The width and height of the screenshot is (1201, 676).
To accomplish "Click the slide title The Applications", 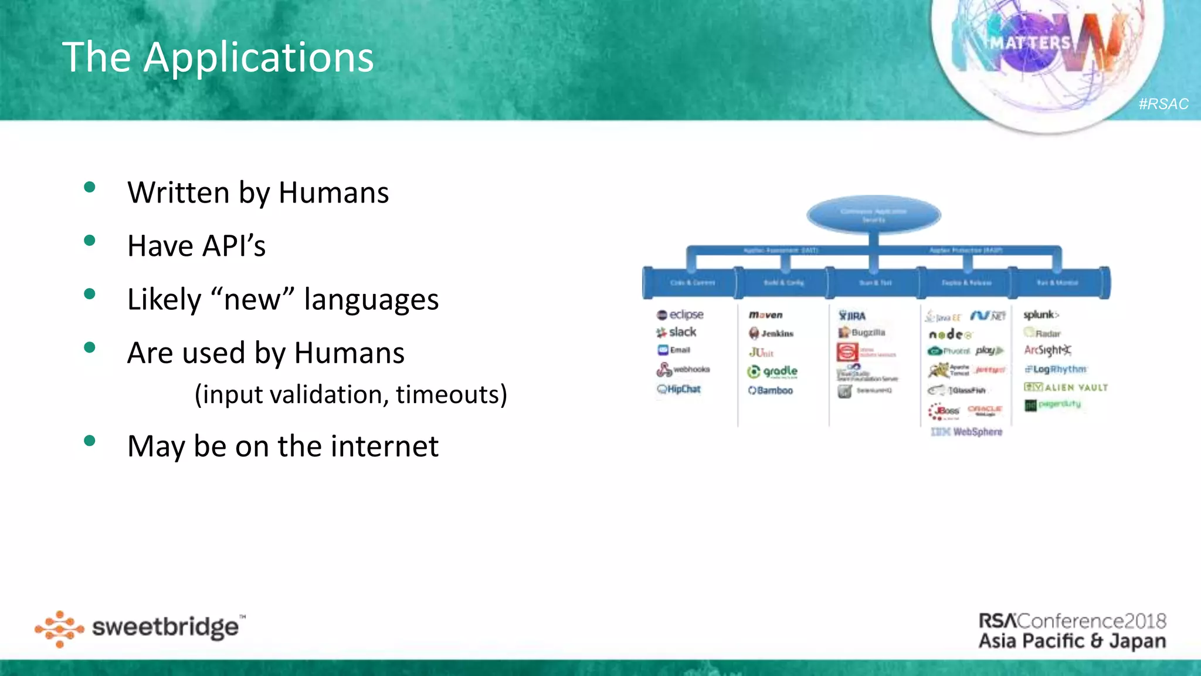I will coord(218,58).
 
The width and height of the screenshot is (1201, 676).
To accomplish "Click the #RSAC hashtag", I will coord(1163,104).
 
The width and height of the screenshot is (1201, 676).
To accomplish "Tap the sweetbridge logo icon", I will coord(59,629).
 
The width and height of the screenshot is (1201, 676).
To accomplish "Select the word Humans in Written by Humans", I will coord(334,193).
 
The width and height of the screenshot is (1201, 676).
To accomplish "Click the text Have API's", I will coord(196,246).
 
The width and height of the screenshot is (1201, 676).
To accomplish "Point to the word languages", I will coord(371,299).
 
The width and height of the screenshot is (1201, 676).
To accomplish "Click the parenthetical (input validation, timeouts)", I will coord(351,394).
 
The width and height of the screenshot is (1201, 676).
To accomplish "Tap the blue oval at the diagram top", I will coord(874,215).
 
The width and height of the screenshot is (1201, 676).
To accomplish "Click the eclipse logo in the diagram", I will coord(680,315).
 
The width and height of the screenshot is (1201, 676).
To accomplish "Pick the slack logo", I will coord(677,332).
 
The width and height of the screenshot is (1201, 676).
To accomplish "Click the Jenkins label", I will coord(772,333).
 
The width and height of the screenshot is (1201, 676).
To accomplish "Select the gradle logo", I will coord(773,371).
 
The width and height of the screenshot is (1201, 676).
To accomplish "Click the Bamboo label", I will coord(771,390).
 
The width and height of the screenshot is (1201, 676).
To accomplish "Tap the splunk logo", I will coord(1041,315).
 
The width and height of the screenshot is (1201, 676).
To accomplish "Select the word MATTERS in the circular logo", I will coord(1030,43).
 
